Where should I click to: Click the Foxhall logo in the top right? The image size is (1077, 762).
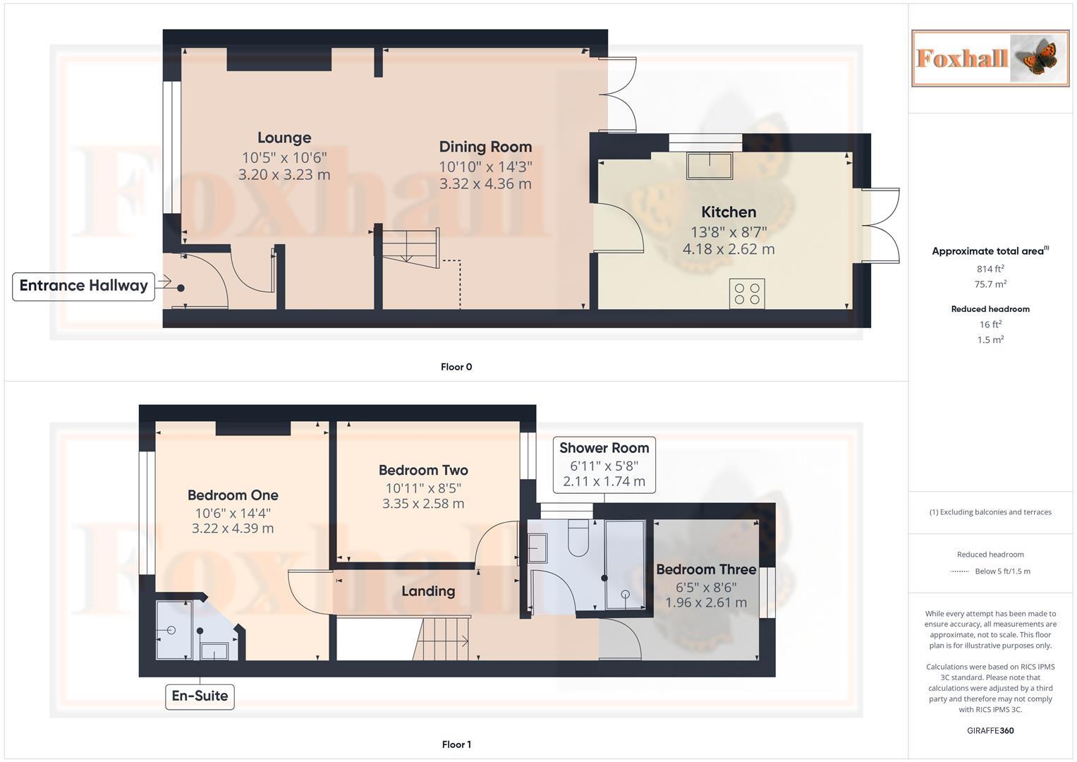[x=990, y=59]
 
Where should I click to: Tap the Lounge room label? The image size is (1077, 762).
[x=284, y=138]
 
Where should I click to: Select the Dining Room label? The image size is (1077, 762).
[x=485, y=147]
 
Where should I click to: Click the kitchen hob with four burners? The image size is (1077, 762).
[x=747, y=294]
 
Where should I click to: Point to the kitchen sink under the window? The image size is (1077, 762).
[x=710, y=165]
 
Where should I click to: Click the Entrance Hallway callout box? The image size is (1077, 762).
[x=83, y=286]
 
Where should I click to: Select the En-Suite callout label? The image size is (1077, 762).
[x=200, y=696]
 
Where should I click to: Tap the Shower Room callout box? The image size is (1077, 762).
[x=604, y=464]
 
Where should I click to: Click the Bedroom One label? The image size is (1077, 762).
[x=233, y=495]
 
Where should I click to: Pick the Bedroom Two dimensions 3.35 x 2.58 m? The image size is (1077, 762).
[x=423, y=504]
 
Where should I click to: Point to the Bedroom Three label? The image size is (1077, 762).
[x=706, y=569]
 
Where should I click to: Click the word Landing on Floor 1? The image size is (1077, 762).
[x=428, y=591]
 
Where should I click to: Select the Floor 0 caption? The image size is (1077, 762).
[x=456, y=367]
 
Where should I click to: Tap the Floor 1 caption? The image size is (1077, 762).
[x=456, y=744]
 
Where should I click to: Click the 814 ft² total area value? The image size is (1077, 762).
[x=990, y=269]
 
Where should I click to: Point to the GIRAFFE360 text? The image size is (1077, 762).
[x=990, y=730]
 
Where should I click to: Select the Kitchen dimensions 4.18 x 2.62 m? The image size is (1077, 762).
[x=729, y=249]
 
